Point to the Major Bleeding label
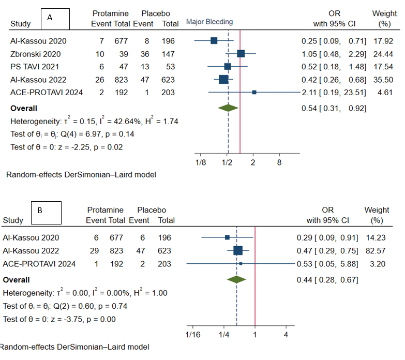coord(209,22)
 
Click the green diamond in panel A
coord(228,108)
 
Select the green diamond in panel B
coord(236,279)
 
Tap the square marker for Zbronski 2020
coord(241,53)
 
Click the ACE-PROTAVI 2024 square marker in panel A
coord(254,92)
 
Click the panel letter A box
coord(56,19)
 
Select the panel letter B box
coord(46,212)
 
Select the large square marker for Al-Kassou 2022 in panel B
coord(238,251)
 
